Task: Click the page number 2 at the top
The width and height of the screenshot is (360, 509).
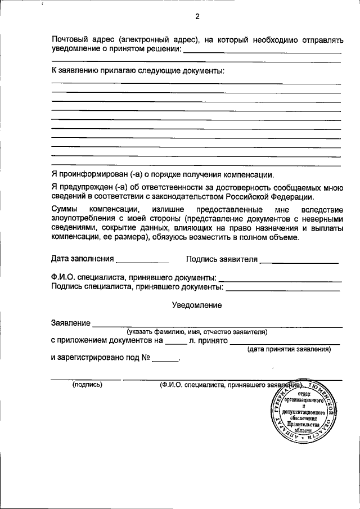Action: tap(197, 16)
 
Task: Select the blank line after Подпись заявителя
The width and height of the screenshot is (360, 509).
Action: tap(299, 260)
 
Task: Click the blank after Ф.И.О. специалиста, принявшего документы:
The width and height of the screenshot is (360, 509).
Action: tap(280, 279)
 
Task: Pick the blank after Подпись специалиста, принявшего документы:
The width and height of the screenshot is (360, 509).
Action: tap(283, 288)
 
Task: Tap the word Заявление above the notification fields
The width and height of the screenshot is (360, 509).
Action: tap(70, 323)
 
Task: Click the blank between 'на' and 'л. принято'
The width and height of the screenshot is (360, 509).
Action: tap(175, 340)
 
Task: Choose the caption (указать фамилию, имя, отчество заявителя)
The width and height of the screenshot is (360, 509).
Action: tap(196, 332)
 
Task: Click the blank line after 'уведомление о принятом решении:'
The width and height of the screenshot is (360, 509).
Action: tap(262, 51)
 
